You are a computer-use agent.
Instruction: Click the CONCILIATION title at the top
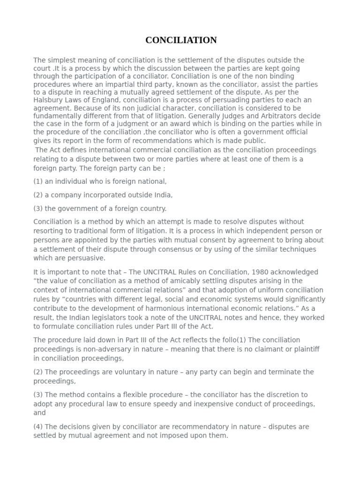coord(181,40)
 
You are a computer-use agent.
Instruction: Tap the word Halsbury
coord(48,100)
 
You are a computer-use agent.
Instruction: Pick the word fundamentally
coord(56,116)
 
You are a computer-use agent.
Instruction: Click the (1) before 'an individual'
coord(38,181)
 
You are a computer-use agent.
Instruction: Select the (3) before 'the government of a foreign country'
coord(38,209)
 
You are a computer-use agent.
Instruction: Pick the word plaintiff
coord(304,349)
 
